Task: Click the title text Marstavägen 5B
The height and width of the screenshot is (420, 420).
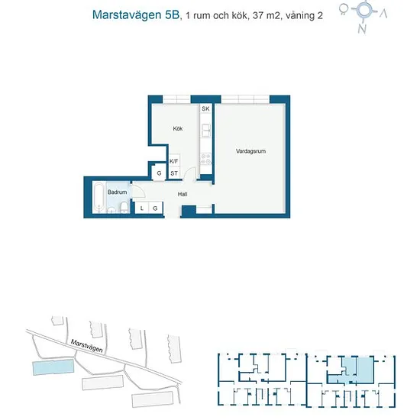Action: pos(135,15)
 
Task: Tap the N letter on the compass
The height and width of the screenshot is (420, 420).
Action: pos(362,29)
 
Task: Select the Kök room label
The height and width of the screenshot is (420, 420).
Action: pos(178,128)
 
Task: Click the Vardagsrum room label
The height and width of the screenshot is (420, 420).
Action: pos(250,151)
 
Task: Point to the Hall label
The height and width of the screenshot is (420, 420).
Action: pos(183,194)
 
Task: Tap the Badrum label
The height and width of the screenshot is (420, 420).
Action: pos(117,192)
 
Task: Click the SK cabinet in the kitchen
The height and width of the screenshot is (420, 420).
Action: pos(205,108)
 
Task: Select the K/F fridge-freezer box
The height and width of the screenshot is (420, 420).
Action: pos(174,161)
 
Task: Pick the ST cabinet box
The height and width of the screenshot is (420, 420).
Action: pos(174,173)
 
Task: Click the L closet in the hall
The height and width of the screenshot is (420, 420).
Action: pos(142,208)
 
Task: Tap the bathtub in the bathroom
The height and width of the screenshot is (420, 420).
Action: pos(99,198)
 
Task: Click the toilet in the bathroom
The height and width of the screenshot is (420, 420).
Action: pos(124,208)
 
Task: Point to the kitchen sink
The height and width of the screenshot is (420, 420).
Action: pos(206,131)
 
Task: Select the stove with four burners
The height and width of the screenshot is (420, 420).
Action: pos(206,158)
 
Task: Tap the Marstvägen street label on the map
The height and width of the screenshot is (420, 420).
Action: pos(86,346)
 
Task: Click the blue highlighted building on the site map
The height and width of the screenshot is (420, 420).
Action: pos(53,367)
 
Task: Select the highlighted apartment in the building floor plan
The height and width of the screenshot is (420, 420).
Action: pos(351,371)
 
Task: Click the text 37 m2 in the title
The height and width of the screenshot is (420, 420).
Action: pos(266,16)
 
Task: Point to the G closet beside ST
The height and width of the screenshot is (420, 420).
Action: pos(159,173)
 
